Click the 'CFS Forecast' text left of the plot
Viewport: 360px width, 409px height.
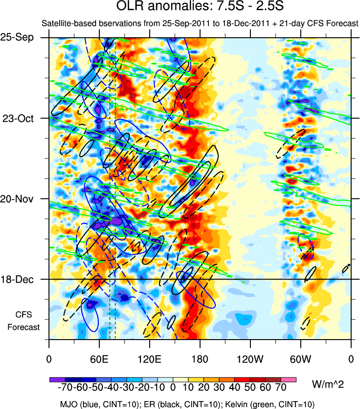[23, 320]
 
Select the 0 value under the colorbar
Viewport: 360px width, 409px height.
[173, 388]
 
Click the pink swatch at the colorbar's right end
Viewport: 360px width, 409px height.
[289, 380]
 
